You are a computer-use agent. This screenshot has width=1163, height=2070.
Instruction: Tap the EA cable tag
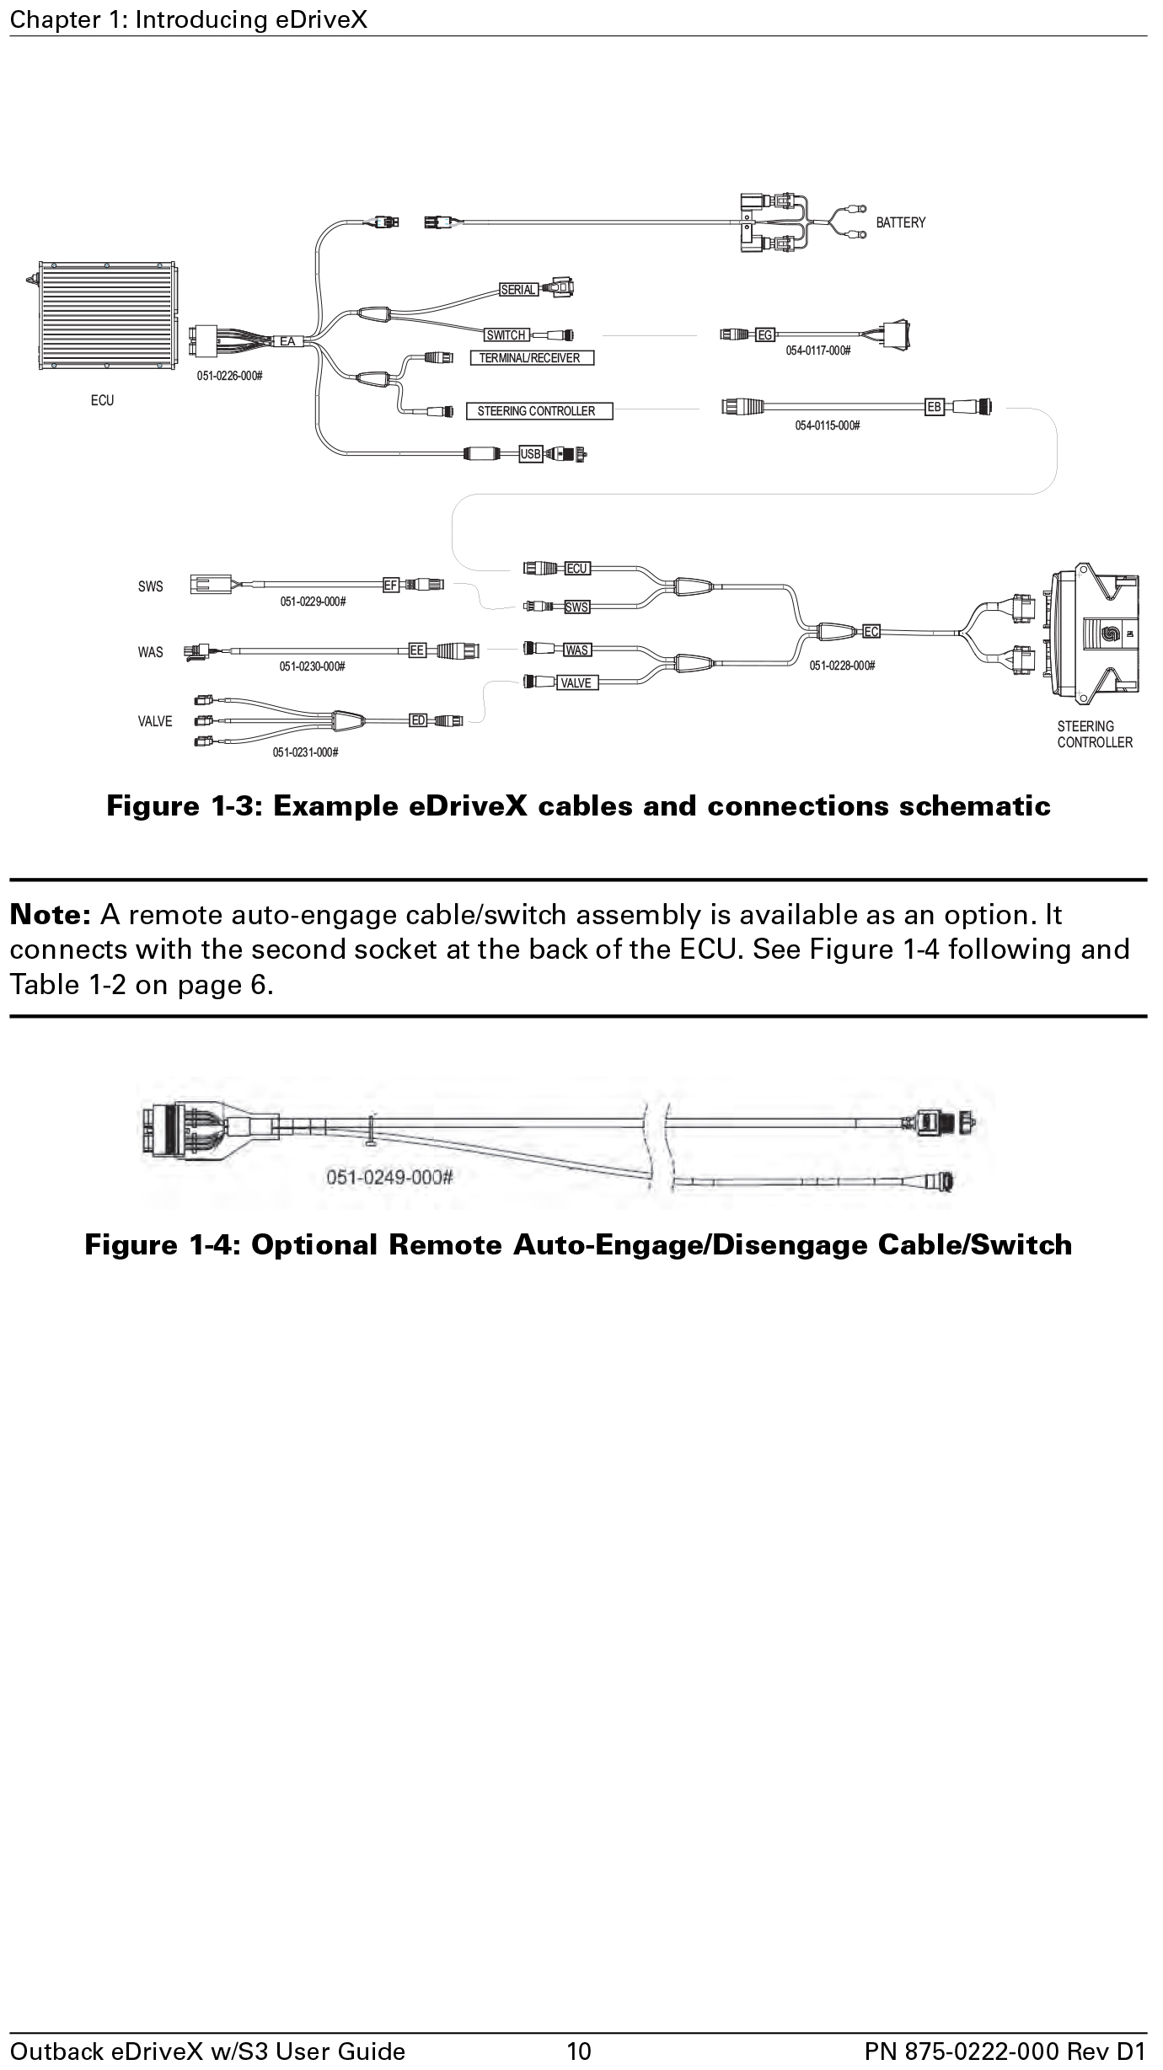click(x=287, y=341)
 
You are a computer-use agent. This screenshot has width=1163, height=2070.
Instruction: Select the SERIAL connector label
click(x=518, y=290)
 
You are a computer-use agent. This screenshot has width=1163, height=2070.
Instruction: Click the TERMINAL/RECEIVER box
click(x=531, y=358)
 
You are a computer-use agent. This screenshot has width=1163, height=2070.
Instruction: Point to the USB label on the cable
click(x=530, y=454)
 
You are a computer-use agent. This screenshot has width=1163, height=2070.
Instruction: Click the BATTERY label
click(x=900, y=222)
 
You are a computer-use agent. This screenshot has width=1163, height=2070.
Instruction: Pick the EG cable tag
click(x=764, y=335)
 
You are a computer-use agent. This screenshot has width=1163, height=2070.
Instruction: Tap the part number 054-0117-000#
click(x=817, y=350)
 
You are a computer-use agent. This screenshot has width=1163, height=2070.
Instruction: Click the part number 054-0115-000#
click(x=827, y=425)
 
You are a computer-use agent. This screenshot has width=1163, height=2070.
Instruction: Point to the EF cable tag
click(x=390, y=585)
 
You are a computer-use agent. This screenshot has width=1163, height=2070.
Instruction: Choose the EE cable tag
click(x=416, y=650)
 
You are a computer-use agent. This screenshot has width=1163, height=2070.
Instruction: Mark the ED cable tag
click(x=418, y=720)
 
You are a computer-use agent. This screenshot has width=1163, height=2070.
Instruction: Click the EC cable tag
click(x=871, y=631)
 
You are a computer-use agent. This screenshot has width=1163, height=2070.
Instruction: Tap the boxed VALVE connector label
click(x=576, y=682)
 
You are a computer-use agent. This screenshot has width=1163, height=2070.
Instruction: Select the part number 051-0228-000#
click(x=842, y=666)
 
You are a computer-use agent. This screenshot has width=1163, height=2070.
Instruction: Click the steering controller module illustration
click(x=1094, y=634)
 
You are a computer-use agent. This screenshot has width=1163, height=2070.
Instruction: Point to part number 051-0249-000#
click(x=389, y=1177)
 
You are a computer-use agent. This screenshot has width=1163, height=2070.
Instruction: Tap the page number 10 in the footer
click(x=579, y=2051)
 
